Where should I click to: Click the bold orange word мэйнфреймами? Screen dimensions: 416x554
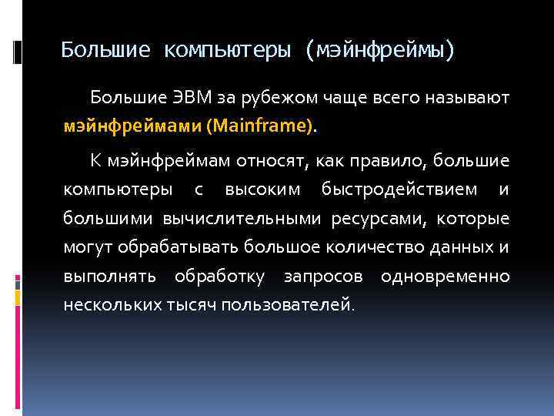(132, 125)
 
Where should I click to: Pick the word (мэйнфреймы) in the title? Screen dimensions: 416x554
(380, 51)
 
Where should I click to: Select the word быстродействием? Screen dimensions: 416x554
(399, 190)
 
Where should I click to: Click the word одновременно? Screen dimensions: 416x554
(445, 276)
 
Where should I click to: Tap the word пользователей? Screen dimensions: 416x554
(288, 304)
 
